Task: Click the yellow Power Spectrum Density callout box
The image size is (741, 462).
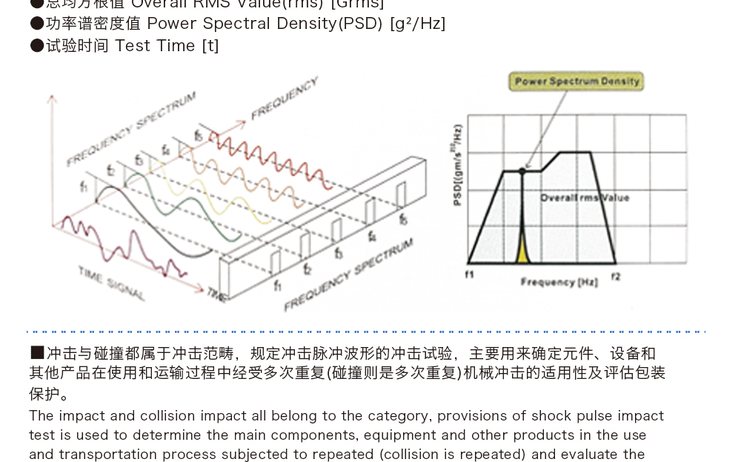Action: pos(576,82)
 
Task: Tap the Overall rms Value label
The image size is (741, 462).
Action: pos(585,198)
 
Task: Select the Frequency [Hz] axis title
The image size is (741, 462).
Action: pos(548,283)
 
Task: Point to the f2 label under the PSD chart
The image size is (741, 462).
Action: pos(615,276)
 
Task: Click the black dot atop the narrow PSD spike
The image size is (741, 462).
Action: pos(522,171)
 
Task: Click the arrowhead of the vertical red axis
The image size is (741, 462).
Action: pos(50,99)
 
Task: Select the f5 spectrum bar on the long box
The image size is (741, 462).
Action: pos(401,195)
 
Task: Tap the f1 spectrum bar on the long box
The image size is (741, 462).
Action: pos(276,262)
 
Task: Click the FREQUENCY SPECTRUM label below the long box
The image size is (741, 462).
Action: pos(348,275)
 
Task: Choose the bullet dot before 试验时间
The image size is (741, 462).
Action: pos(37,46)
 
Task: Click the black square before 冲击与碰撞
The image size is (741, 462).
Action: pos(37,353)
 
